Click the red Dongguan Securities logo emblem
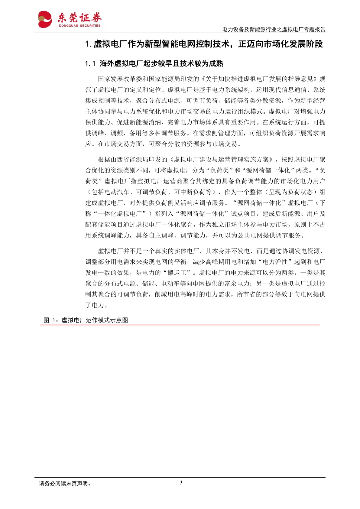click(45, 19)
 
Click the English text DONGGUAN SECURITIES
click(80, 26)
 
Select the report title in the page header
click(274, 29)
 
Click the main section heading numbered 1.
click(204, 44)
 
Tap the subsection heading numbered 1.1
click(154, 63)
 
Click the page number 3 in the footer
click(181, 482)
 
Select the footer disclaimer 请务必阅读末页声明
click(65, 483)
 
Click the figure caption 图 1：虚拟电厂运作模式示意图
click(86, 320)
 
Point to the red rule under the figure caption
click(180, 325)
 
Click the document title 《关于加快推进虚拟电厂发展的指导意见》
click(259, 79)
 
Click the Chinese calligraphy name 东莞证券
click(80, 18)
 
